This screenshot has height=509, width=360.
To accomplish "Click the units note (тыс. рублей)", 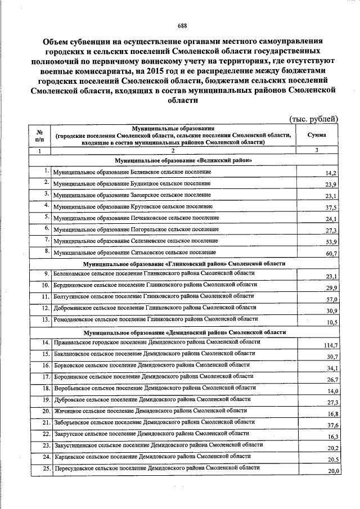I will (313, 119).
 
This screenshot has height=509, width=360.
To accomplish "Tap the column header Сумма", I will (317, 136).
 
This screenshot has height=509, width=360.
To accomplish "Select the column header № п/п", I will (39, 136).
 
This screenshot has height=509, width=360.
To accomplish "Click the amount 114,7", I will (330, 345).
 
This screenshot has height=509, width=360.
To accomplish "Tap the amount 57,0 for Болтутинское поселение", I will (331, 299).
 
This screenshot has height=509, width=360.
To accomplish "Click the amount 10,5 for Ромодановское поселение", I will (331, 322).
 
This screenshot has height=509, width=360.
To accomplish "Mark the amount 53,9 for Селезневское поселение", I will (331, 242).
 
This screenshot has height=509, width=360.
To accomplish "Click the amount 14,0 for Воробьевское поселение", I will (331, 391).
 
